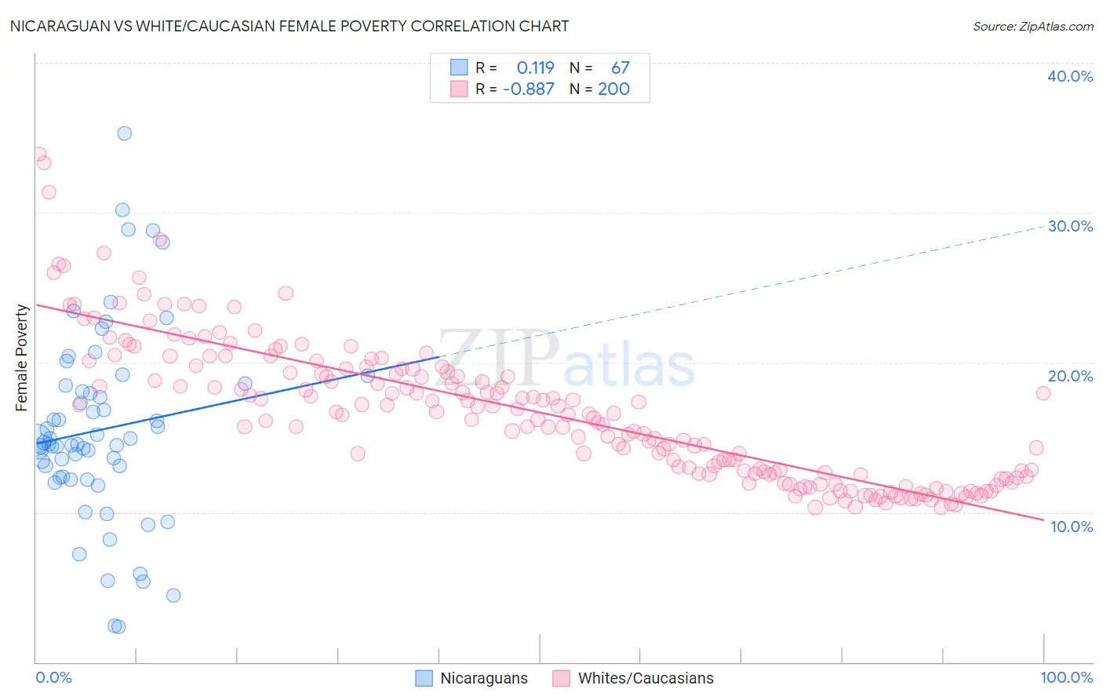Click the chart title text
(x=289, y=26)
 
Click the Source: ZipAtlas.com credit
(x=1032, y=26)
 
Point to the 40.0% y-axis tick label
(x=1070, y=76)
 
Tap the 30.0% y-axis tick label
(x=1070, y=226)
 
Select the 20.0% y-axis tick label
(x=1070, y=376)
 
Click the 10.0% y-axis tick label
(x=1072, y=527)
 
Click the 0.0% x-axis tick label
(x=53, y=677)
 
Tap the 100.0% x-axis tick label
(x=1066, y=677)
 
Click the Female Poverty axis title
(x=21, y=358)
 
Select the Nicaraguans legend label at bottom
(x=484, y=678)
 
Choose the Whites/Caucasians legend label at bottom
(x=646, y=678)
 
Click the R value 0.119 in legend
(x=535, y=67)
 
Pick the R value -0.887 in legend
(x=528, y=89)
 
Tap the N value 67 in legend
(x=620, y=67)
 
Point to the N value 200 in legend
(x=613, y=89)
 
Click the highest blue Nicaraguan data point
(x=124, y=133)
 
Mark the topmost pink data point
(x=38, y=155)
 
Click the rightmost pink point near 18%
(x=1043, y=393)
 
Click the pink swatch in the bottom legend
(x=561, y=678)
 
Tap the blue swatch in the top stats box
(x=459, y=67)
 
